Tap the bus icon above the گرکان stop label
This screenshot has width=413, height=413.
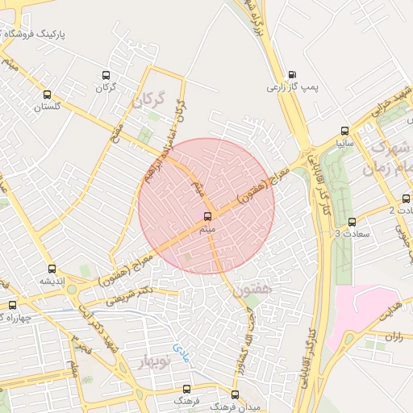(105, 75)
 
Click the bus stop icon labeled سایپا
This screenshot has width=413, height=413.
(346, 130)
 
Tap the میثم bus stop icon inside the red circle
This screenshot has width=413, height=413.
(208, 216)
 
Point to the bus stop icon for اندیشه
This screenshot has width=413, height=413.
(52, 269)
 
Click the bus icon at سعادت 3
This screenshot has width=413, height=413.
(351, 222)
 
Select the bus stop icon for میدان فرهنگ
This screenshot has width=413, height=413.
(235, 395)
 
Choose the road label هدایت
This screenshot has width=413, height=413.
(390, 310)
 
